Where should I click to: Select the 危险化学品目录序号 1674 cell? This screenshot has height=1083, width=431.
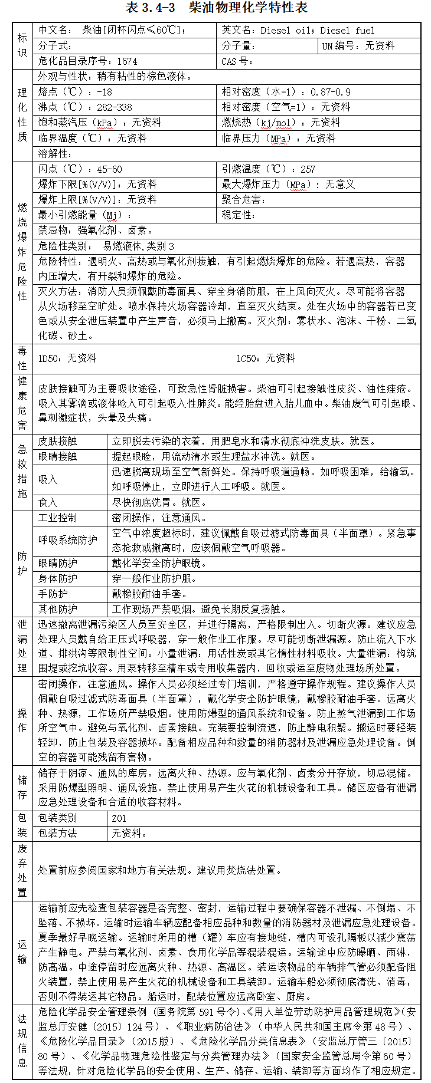click(88, 61)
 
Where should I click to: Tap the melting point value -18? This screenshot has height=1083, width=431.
click(105, 92)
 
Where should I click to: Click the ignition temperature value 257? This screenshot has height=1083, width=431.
click(308, 169)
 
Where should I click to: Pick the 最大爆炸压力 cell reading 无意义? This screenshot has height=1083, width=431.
click(341, 185)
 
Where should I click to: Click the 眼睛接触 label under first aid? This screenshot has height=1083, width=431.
click(58, 456)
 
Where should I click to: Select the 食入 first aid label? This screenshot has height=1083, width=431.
click(48, 502)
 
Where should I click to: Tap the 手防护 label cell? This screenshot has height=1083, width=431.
click(53, 594)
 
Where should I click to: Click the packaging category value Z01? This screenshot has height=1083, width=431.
click(119, 818)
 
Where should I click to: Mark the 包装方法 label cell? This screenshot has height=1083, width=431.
click(58, 833)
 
